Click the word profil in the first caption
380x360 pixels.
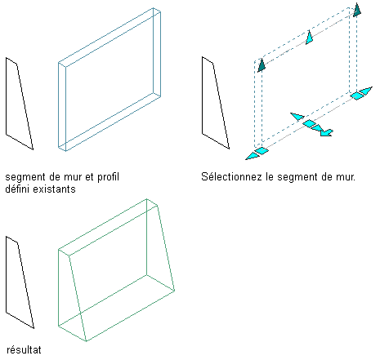coord(108,177)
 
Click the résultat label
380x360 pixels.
coord(24,349)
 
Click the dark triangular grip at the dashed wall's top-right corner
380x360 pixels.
coord(357,11)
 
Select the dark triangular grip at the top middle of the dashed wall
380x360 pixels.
coord(309,38)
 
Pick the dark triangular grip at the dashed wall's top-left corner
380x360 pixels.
coord(262,65)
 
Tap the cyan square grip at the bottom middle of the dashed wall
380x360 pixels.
coord(309,123)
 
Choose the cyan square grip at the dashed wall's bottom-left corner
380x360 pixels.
coord(262,151)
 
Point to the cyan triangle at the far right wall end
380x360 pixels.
coord(366,91)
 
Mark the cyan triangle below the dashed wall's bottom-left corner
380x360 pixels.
coord(252,156)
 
